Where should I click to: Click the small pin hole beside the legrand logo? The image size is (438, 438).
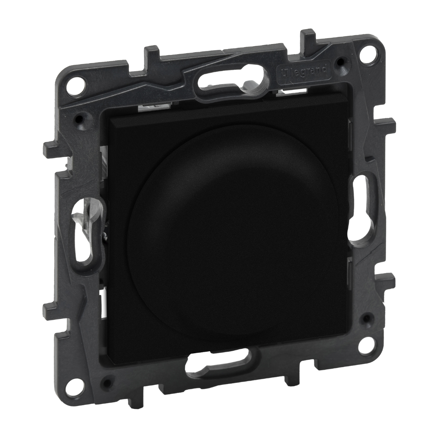[342, 61]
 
